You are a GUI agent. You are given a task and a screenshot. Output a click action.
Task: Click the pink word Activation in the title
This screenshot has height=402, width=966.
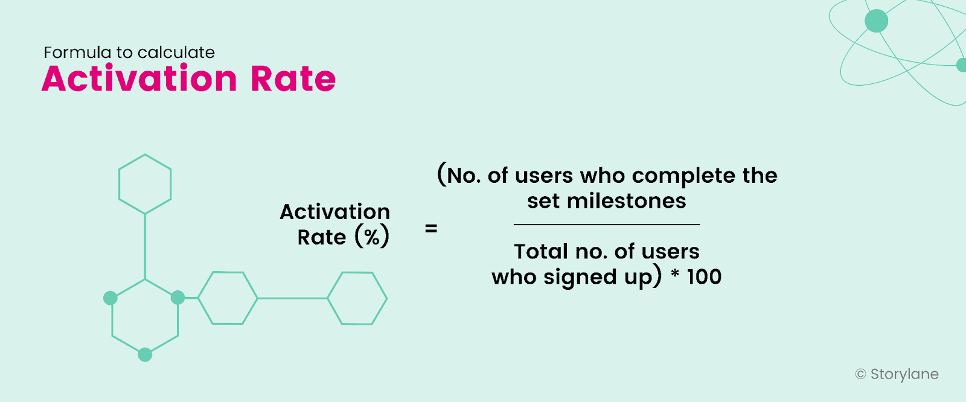pyautogui.click(x=139, y=79)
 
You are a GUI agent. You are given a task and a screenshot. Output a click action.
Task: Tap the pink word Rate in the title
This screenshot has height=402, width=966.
pyautogui.click(x=293, y=79)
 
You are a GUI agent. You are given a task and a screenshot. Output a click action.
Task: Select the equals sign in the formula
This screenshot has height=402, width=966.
pyautogui.click(x=431, y=229)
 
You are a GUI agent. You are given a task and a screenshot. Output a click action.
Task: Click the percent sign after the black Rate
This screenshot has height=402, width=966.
pyautogui.click(x=372, y=237)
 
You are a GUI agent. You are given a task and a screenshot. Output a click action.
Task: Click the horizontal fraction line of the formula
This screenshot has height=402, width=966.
pyautogui.click(x=606, y=225)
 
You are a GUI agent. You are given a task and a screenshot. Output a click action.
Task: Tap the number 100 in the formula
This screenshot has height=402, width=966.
pyautogui.click(x=704, y=277)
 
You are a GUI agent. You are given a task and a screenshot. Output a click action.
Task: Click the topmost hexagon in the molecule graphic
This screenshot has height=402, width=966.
pyautogui.click(x=145, y=184)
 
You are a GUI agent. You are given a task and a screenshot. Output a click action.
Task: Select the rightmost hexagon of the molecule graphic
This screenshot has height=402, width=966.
pyautogui.click(x=357, y=298)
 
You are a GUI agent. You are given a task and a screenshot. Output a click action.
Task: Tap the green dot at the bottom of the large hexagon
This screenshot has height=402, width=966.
pyautogui.click(x=145, y=355)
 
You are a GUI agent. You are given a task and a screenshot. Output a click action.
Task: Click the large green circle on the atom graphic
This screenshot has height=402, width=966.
pyautogui.click(x=876, y=21)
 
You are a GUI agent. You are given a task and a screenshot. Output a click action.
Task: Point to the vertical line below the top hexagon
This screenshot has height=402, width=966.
pyautogui.click(x=145, y=246)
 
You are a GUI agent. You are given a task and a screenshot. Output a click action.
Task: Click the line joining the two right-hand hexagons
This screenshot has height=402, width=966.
pyautogui.click(x=293, y=298)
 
